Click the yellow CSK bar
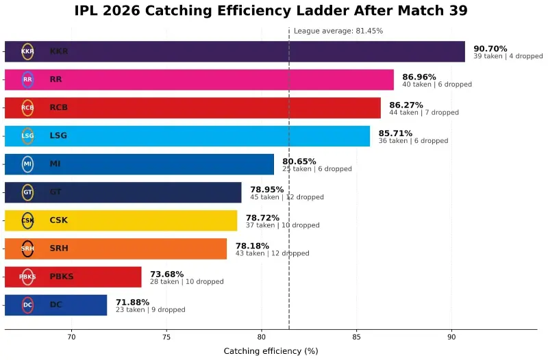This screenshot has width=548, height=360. point(137,220)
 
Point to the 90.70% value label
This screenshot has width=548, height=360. point(490,49)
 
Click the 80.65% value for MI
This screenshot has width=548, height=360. point(299,162)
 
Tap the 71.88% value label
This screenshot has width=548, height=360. point(132,302)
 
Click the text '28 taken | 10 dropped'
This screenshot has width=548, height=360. point(186,281)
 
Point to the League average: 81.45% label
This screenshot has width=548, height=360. point(338,31)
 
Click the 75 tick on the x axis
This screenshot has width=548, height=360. point(166,337)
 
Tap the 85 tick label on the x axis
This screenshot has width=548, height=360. point(356,337)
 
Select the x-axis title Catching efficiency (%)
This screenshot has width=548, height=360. point(271,351)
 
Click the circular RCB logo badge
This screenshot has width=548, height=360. point(27,107)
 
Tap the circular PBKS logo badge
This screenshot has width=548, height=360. point(27,277)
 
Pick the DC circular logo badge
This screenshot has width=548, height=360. point(27,305)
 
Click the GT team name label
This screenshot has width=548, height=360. point(56,192)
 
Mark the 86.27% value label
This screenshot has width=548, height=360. point(406,105)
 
